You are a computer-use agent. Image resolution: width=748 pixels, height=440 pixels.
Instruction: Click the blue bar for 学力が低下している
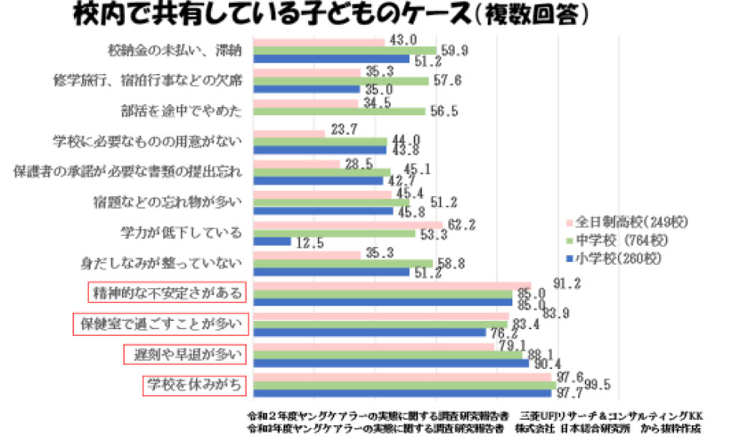click(x=272, y=242)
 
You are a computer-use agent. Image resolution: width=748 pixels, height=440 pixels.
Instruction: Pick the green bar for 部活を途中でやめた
click(x=340, y=111)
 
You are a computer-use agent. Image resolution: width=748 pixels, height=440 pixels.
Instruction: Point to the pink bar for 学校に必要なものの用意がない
click(x=289, y=133)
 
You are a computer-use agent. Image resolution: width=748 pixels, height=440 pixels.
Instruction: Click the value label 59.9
click(x=455, y=49)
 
